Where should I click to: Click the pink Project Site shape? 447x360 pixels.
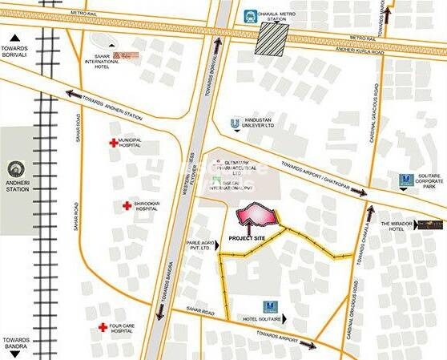click(256, 216)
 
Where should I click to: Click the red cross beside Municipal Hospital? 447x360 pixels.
click(112, 143)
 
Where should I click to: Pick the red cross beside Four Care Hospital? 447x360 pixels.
click(103, 327)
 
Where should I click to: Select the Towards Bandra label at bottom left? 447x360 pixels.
click(16, 343)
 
